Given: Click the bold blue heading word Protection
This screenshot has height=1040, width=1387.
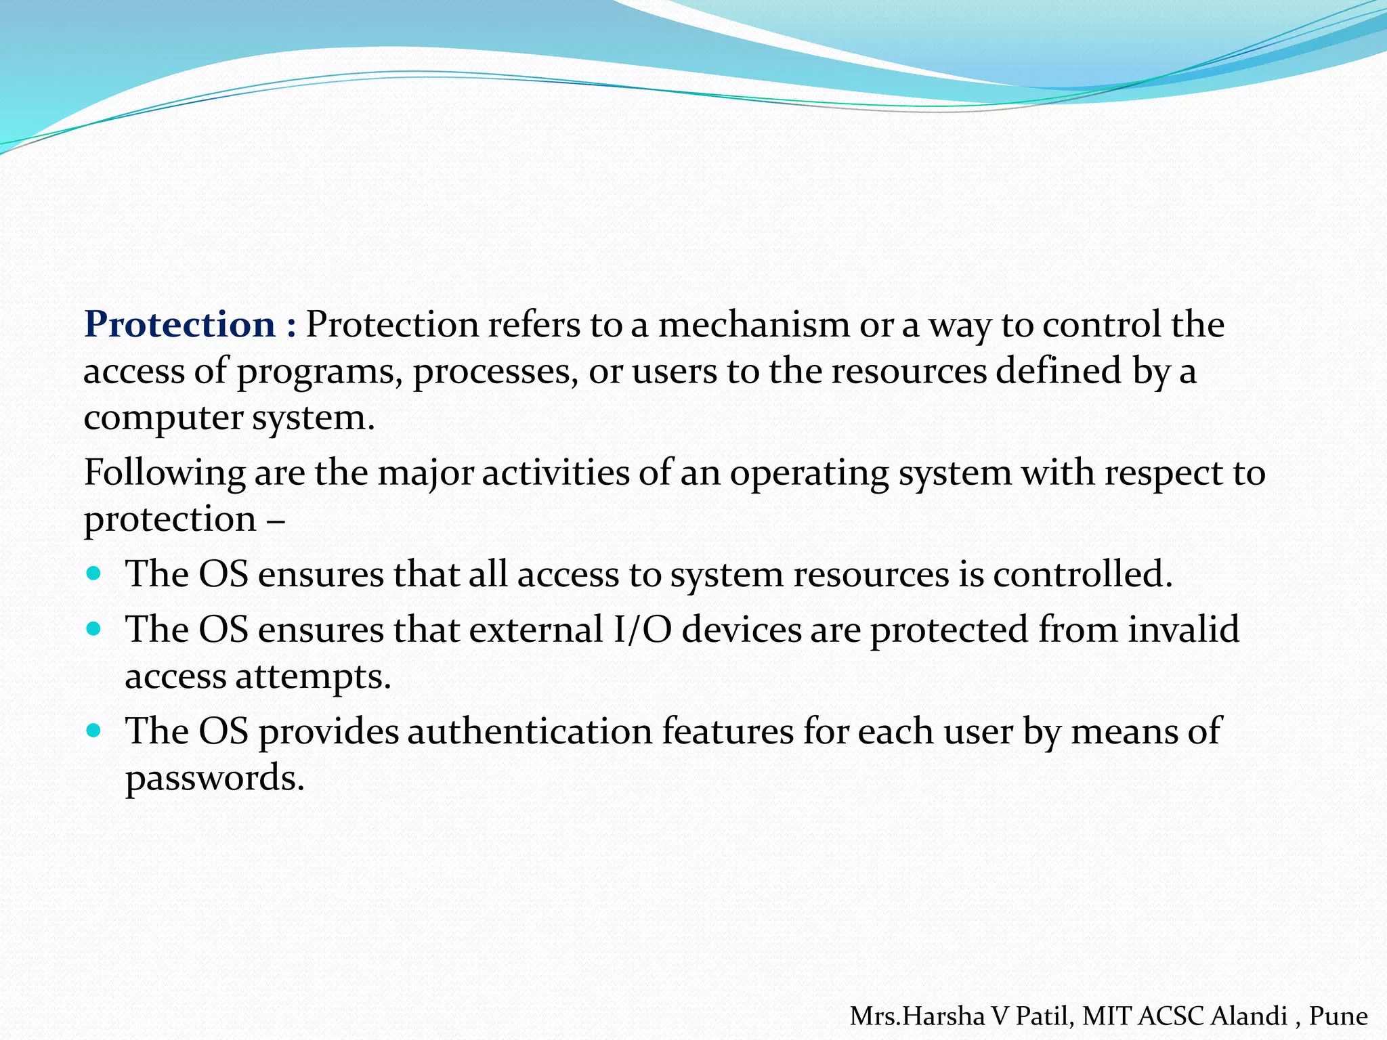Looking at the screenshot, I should click(179, 324).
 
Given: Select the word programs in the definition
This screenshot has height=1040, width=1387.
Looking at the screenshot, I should click(315, 372).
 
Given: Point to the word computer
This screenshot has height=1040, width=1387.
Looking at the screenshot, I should click(163, 418).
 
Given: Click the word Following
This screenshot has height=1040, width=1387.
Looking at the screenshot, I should click(164, 473).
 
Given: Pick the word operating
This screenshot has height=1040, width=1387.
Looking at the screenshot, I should click(809, 473).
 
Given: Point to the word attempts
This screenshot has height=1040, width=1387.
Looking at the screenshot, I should click(314, 677).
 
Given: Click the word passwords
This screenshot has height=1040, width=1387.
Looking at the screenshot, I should click(214, 779).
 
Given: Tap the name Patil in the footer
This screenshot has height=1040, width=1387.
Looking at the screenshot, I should click(1044, 1016).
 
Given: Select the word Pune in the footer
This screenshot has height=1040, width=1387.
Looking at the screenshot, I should click(1338, 1016).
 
